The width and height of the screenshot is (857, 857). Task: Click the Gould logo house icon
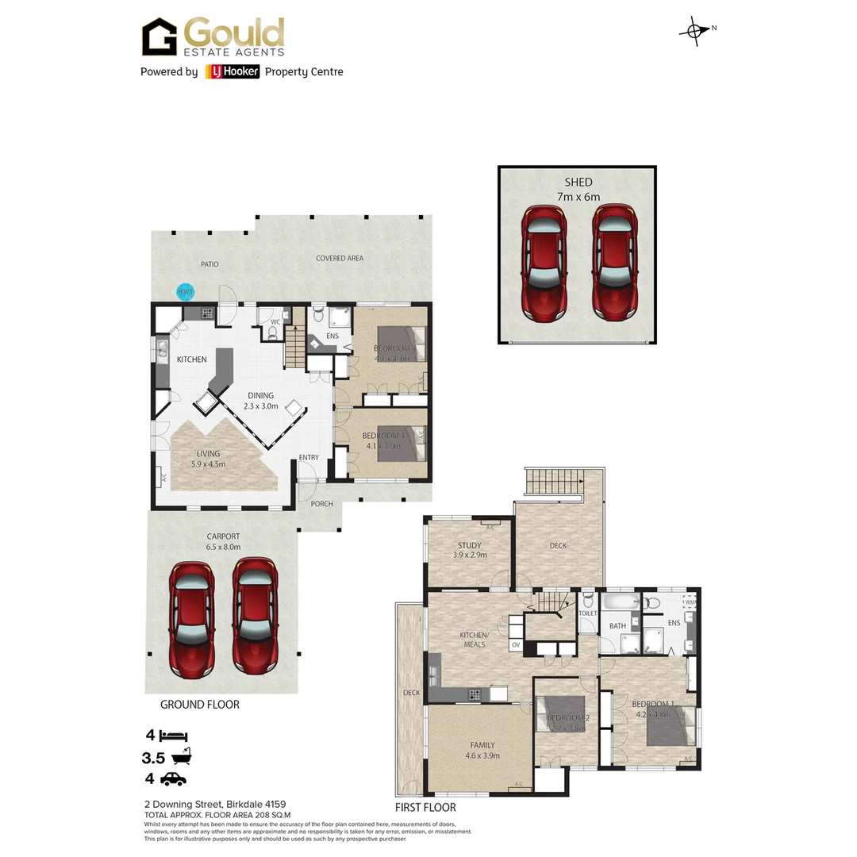click(159, 37)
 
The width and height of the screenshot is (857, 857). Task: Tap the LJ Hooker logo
click(232, 71)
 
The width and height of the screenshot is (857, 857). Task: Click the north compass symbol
click(694, 30)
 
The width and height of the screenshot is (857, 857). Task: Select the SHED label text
click(578, 183)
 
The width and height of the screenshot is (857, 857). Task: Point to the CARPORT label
click(223, 536)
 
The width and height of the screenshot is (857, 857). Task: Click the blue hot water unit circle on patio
click(185, 292)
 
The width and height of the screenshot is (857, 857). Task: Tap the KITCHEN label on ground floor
click(191, 359)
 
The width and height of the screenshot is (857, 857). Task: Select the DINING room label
click(260, 395)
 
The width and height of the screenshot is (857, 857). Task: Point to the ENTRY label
click(309, 458)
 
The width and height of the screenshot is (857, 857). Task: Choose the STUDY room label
click(470, 545)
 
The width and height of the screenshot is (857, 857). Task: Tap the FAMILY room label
click(482, 745)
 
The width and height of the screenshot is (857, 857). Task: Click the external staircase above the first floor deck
click(553, 481)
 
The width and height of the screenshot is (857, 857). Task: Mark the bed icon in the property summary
click(173, 736)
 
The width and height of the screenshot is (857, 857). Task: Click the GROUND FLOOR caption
click(199, 704)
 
